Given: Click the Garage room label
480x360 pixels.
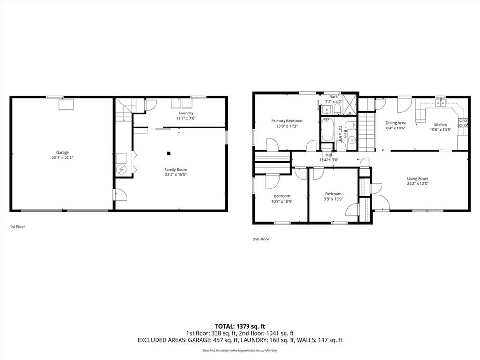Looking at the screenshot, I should click(x=62, y=152).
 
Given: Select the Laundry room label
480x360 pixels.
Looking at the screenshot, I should click(x=186, y=113).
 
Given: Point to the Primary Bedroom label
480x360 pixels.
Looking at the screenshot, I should click(x=287, y=120).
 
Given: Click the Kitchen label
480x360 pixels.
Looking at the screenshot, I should click(x=440, y=125).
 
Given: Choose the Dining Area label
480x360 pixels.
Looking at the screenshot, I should click(x=396, y=123).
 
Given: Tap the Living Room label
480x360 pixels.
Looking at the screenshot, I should click(x=417, y=178).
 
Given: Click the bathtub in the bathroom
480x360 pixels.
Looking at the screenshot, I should click(x=327, y=129).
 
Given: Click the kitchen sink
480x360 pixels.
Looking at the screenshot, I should click(x=440, y=103).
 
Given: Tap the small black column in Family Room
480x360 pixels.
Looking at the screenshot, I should click(x=169, y=153).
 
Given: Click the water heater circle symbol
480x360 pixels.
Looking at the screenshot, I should click(x=121, y=169).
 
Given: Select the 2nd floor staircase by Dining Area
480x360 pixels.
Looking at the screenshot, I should click(x=367, y=131).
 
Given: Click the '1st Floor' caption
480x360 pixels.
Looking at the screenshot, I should click(x=18, y=227).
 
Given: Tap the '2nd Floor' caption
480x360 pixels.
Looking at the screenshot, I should click(x=261, y=239).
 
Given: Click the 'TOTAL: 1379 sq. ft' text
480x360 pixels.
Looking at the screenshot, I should click(x=240, y=326).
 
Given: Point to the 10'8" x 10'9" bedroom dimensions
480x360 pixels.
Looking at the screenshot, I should click(x=282, y=201).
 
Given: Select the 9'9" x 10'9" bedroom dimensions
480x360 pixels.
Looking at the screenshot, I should click(x=333, y=199).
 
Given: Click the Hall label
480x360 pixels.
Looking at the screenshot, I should click(x=329, y=155).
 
